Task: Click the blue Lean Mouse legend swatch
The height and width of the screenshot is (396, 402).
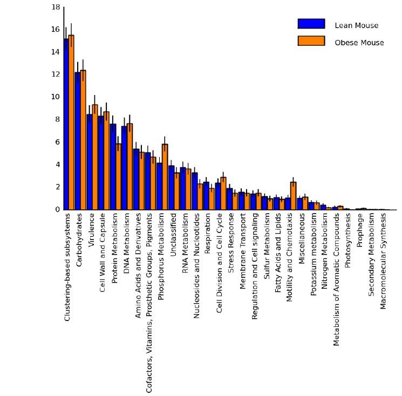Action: coord(311,24)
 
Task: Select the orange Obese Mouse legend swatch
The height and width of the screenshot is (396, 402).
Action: coord(311,41)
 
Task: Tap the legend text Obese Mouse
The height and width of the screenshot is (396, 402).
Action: coord(359,43)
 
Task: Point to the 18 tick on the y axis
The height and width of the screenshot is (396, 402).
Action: coord(56,7)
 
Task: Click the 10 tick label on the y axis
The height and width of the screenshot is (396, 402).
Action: coord(56,97)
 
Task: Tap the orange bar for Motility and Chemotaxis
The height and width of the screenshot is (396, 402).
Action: coord(293,196)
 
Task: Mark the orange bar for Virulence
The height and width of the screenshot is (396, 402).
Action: coord(94,157)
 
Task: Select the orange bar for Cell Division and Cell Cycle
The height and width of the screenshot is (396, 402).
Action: coord(223,193)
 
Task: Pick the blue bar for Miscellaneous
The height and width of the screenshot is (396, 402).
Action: coord(299,204)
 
